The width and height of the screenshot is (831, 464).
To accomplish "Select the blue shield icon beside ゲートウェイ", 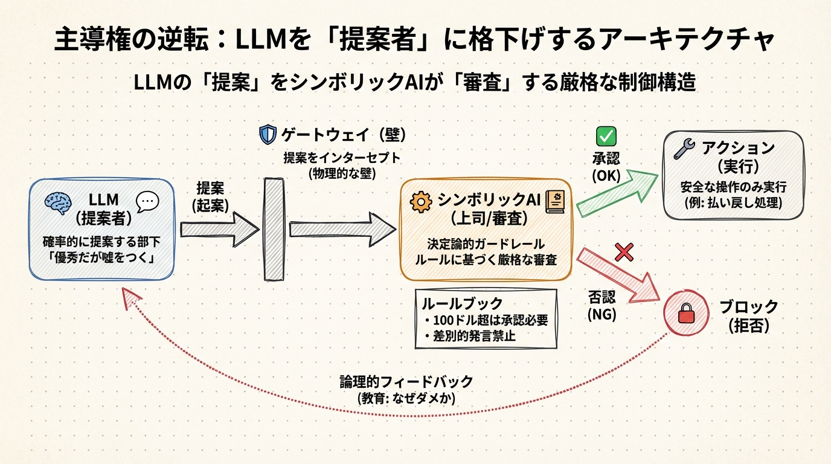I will click(267, 134).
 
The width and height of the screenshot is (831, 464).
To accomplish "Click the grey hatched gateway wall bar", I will click(274, 228).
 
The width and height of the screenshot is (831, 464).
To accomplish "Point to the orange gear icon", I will click(421, 202).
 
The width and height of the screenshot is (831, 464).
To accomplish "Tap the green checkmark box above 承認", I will click(605, 136).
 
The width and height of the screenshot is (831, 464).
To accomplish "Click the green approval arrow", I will click(616, 193).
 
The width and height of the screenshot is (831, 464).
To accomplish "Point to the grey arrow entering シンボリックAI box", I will click(342, 229).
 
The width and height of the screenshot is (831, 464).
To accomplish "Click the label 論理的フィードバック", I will click(406, 382).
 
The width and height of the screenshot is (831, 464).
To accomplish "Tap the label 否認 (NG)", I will click(602, 305).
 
